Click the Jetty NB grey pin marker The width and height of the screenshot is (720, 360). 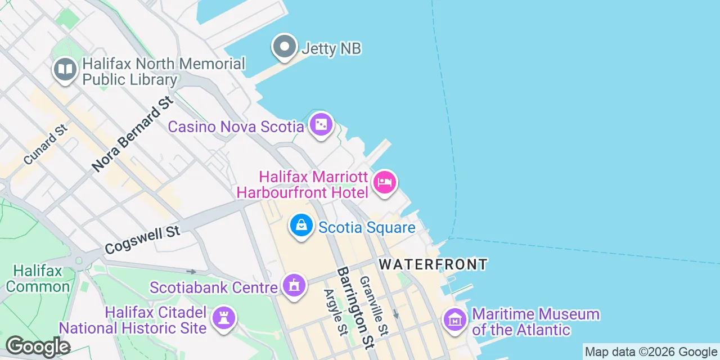pyautogui.click(x=285, y=46)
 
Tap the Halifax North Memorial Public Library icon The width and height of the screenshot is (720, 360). pyautogui.click(x=65, y=70)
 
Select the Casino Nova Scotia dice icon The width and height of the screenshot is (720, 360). pyautogui.click(x=321, y=124)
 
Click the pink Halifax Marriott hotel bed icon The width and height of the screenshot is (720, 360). pyautogui.click(x=385, y=182)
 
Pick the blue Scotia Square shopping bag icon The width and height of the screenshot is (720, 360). pyautogui.click(x=301, y=226)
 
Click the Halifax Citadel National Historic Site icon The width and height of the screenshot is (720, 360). pyautogui.click(x=224, y=318)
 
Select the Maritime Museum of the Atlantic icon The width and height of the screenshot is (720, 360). pyautogui.click(x=455, y=319)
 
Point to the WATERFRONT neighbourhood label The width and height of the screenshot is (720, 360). pyautogui.click(x=433, y=264)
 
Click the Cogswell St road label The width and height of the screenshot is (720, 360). pyautogui.click(x=142, y=240)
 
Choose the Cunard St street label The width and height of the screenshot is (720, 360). pyautogui.click(x=46, y=145)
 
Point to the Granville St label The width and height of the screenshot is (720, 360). pyautogui.click(x=374, y=305)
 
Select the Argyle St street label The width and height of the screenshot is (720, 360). pyautogui.click(x=336, y=312)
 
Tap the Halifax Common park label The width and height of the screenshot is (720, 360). pyautogui.click(x=38, y=278)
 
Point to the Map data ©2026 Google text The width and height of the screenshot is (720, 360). pyautogui.click(x=651, y=352)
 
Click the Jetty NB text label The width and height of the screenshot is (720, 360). pyautogui.click(x=331, y=48)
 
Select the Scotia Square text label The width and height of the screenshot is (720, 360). pyautogui.click(x=367, y=227)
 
